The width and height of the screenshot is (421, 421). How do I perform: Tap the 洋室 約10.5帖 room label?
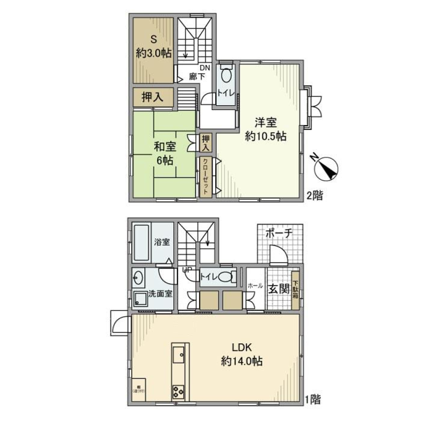pyautogui.click(x=266, y=129)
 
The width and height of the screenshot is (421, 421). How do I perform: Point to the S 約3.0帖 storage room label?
pyautogui.click(x=153, y=46)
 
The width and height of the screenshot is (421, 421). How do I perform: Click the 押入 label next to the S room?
pyautogui.click(x=153, y=97)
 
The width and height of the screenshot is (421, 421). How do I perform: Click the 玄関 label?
pyautogui.click(x=278, y=290)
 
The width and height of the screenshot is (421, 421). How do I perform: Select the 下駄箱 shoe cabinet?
pyautogui.click(x=296, y=289)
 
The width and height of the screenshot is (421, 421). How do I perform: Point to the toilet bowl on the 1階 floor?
pyautogui.click(x=225, y=277)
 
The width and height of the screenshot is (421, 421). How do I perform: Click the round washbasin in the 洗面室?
pyautogui.click(x=138, y=278)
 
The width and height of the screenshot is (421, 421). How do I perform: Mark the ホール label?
pyautogui.click(x=255, y=285)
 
